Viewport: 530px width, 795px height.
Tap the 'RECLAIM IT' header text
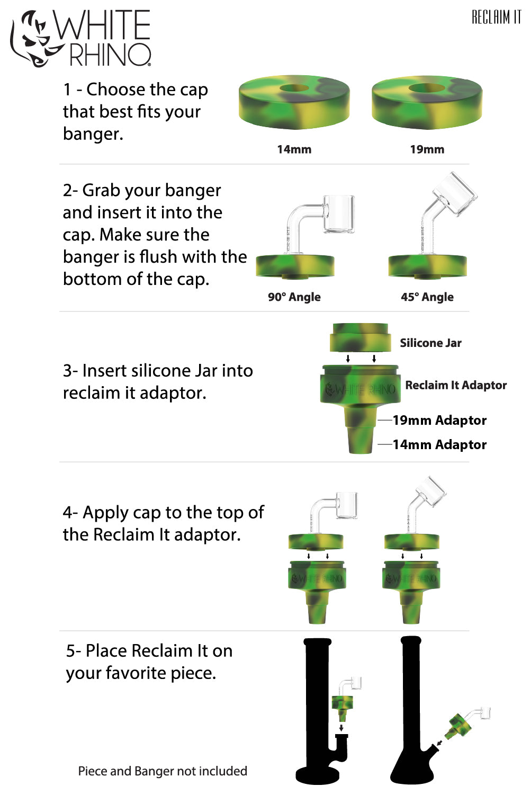496,17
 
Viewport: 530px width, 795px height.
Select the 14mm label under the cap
294,149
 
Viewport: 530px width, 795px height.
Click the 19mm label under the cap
427,149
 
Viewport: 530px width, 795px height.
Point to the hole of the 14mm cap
294,88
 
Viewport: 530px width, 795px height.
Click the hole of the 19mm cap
427,88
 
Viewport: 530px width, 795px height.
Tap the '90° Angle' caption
294,297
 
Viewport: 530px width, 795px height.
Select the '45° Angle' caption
427,297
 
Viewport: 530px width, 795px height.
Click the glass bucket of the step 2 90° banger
339,215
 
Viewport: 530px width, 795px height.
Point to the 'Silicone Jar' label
430,343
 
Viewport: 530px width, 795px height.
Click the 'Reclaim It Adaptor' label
456,386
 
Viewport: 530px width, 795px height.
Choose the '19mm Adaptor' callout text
439,421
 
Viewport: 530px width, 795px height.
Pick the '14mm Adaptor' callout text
439,445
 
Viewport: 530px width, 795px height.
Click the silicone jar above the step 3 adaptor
360,338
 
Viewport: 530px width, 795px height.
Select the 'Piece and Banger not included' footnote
163,771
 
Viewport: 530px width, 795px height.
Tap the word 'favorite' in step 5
133,673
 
